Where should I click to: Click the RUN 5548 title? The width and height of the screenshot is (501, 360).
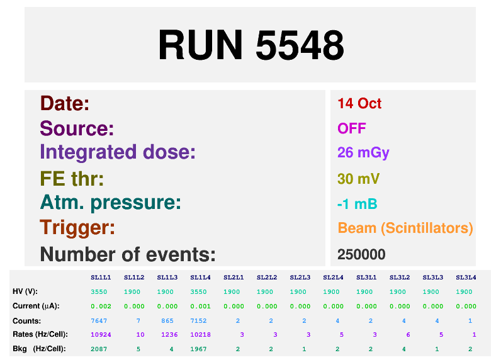point(251,45)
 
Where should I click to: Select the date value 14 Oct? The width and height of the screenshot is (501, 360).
point(359,103)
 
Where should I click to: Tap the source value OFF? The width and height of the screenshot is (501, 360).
point(352,128)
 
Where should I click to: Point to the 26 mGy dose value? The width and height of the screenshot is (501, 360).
point(363,153)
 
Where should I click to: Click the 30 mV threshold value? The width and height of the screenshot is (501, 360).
point(359,179)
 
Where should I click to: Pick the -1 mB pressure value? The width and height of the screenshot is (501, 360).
point(357,204)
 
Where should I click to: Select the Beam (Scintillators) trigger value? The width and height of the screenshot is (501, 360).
point(405,228)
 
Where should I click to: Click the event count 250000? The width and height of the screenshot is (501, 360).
point(361,255)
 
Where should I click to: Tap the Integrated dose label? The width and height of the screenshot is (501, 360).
point(118,153)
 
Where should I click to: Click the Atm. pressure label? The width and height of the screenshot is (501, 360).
point(111,203)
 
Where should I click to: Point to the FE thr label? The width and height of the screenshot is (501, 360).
point(72,179)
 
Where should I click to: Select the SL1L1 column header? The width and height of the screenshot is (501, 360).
point(101,278)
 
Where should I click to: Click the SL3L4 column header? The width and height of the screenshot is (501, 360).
point(466,278)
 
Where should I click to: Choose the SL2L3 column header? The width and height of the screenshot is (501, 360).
point(300,278)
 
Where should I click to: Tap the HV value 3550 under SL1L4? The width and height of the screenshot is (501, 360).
point(198,291)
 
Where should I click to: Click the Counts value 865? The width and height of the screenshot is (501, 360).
point(167,320)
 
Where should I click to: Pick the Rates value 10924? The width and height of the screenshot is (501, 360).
point(101,334)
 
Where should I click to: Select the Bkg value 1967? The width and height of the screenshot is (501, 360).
point(198,349)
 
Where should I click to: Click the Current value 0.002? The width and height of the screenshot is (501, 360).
point(101,306)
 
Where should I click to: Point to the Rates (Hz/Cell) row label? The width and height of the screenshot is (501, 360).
point(40,334)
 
